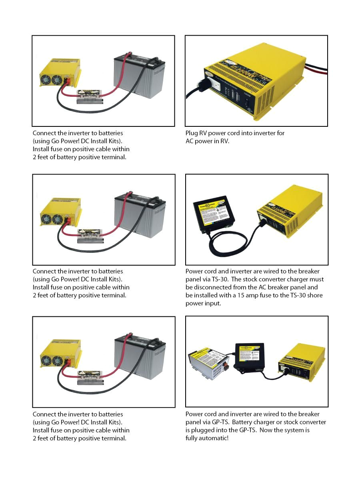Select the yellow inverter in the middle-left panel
tap(60, 214)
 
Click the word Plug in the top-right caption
tap(192, 133)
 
